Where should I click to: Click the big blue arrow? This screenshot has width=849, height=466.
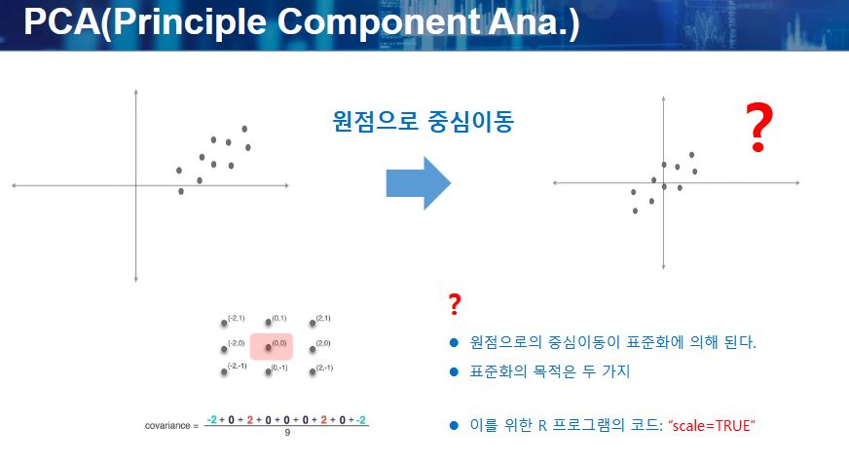418,183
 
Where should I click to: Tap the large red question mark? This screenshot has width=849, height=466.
758,128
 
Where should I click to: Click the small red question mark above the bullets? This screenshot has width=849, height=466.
455,304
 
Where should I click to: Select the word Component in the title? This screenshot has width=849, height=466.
379,22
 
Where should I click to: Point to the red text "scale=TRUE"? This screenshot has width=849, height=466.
712,425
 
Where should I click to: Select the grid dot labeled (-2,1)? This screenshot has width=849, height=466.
224,324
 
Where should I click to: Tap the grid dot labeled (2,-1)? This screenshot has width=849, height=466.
313,371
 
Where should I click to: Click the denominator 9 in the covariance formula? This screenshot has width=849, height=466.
287,433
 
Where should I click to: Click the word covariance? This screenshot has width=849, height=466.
167,426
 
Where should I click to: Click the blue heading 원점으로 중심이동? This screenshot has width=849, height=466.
423,121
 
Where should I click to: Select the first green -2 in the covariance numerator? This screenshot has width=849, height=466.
211,420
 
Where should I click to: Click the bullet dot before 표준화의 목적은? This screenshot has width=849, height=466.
455,371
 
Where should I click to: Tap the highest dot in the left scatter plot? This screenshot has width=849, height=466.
244,129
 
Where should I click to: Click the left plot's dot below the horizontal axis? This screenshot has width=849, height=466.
181,191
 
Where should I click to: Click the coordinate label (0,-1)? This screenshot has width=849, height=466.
279,368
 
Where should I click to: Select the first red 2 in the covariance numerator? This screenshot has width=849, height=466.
249,420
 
